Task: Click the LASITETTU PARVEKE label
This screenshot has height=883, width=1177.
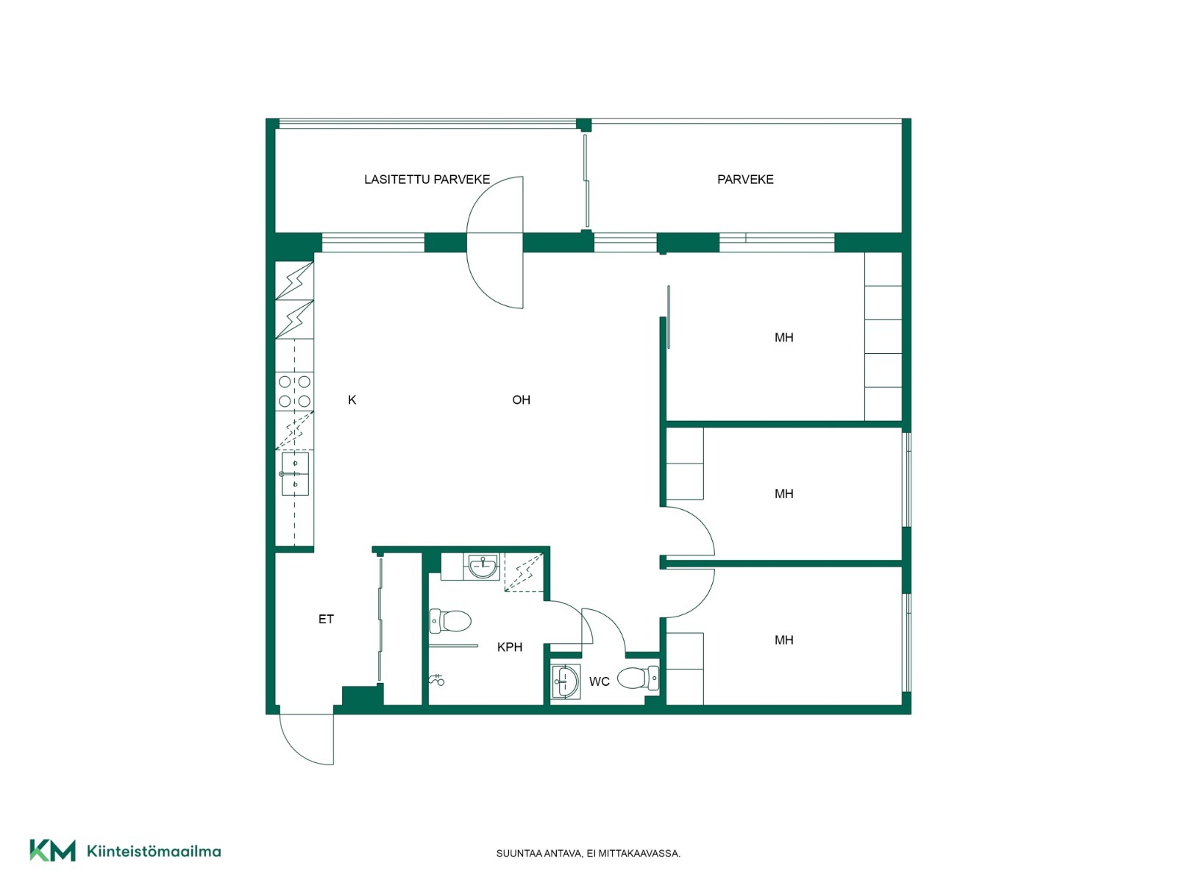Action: pos(427,179)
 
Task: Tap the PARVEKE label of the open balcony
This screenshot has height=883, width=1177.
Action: pos(745,179)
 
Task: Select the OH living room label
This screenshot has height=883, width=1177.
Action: pos(521,400)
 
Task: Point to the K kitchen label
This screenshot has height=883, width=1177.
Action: pos(352,400)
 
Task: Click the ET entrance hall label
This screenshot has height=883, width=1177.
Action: pos(326,620)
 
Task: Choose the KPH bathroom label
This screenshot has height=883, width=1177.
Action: pos(509,647)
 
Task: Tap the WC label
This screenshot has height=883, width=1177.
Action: pos(599,681)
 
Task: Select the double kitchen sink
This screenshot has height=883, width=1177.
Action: pos(294,474)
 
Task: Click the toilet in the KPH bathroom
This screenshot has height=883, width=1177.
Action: pos(450,621)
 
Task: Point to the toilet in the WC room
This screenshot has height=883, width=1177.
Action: pos(638,678)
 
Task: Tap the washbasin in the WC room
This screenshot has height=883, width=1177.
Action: pos(566,681)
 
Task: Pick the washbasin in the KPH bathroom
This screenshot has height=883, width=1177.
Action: pos(483,566)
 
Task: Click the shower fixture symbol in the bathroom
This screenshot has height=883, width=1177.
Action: pos(437,680)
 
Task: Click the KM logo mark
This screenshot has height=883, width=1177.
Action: pos(52,851)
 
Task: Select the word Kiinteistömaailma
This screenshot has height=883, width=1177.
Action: pos(154,851)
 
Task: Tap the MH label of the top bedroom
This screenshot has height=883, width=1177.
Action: pos(784,337)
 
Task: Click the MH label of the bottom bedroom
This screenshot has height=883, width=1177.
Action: pos(784,639)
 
